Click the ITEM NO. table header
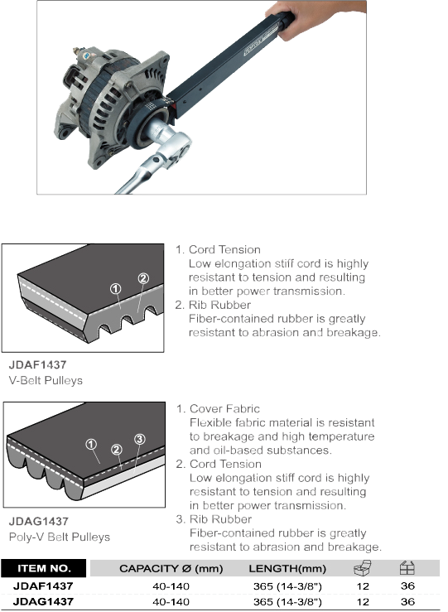[x=44, y=568]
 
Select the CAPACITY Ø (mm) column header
[x=171, y=569]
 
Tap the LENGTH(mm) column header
[x=287, y=569]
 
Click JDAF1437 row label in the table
[x=43, y=585]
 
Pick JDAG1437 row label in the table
[x=43, y=601]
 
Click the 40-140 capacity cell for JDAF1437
[x=171, y=586]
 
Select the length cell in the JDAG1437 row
[x=287, y=602]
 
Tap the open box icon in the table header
[x=363, y=568]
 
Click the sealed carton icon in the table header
[x=407, y=568]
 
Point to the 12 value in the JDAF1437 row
[x=363, y=586]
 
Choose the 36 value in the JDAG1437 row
[x=407, y=601]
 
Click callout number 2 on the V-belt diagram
[x=143, y=278]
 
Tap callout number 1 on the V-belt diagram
[x=115, y=289]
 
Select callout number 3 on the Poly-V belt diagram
[x=140, y=439]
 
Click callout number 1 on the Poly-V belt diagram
[x=91, y=444]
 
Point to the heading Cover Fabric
[x=224, y=408]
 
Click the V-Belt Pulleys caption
[x=46, y=380]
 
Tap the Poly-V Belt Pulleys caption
[x=60, y=537]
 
